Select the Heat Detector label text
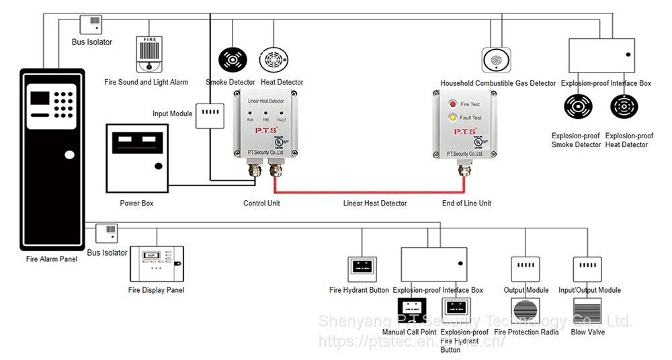tap(282, 83)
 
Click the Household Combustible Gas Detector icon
tap(496, 60)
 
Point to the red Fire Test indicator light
tap(453, 105)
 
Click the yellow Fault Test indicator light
tap(453, 118)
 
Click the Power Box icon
tap(137, 156)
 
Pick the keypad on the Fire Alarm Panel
tap(64, 103)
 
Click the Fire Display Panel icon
tap(156, 264)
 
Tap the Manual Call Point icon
tap(409, 311)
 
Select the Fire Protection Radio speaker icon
tap(526, 312)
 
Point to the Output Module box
tap(525, 269)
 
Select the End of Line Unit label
tap(466, 204)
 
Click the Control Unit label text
tap(261, 204)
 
